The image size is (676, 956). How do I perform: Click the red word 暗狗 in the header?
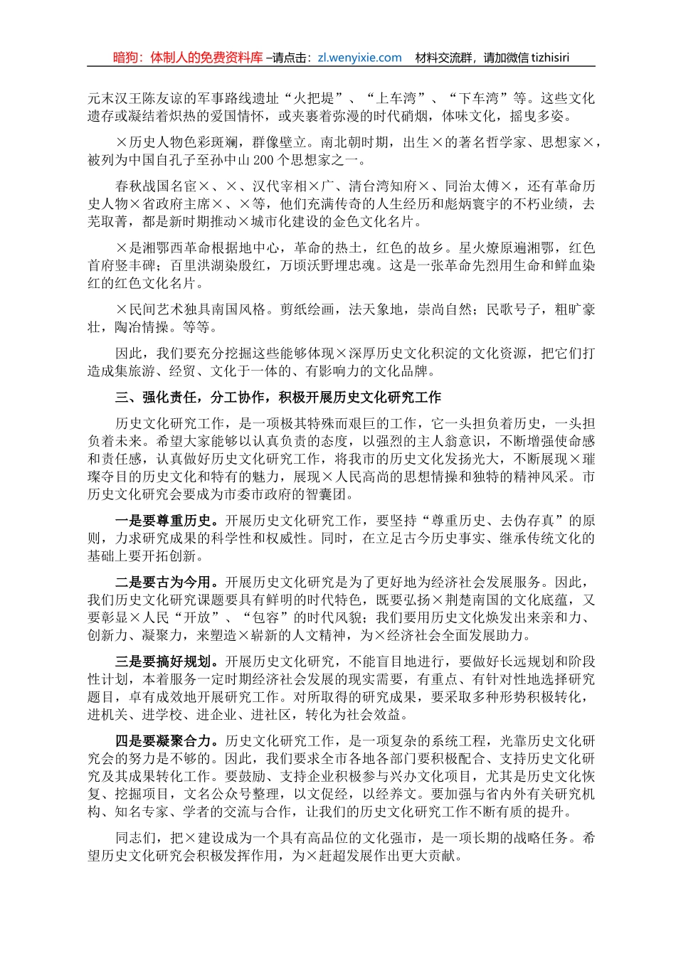point(127,58)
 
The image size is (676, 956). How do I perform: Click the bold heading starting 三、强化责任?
point(278,397)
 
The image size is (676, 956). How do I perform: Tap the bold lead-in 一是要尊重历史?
point(163,521)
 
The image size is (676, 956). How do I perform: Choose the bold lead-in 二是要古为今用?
point(163,583)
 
